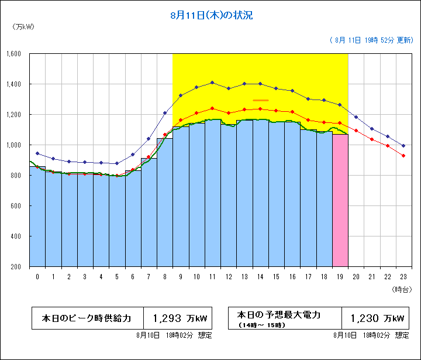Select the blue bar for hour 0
click(x=37, y=217)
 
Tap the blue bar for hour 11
click(x=212, y=193)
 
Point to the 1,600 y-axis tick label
click(x=13, y=54)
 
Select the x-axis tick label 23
click(x=403, y=276)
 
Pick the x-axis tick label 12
click(x=228, y=276)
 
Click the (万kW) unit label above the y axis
click(x=22, y=27)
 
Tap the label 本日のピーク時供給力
click(x=87, y=319)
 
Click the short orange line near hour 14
click(x=261, y=100)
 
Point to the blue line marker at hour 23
click(x=403, y=145)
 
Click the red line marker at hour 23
click(x=403, y=156)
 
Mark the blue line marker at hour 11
click(x=212, y=83)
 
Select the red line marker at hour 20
click(x=356, y=131)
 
